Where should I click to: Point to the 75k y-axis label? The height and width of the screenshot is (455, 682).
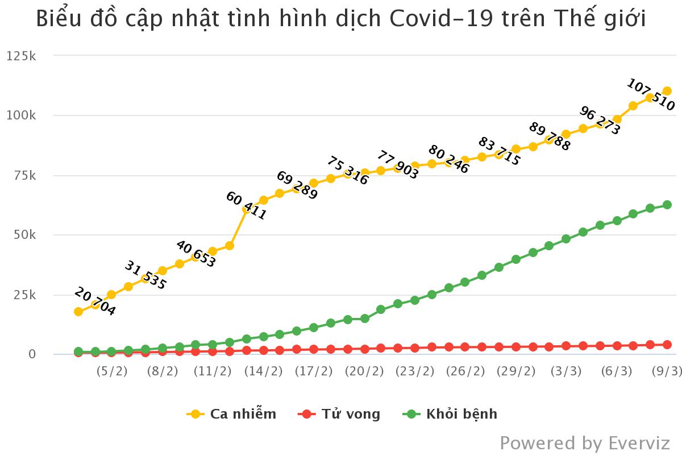tap(23, 175)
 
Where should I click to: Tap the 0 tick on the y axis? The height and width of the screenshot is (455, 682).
tap(32, 354)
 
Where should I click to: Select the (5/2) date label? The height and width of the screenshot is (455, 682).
tap(112, 371)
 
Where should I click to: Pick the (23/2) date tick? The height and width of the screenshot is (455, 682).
tap(415, 371)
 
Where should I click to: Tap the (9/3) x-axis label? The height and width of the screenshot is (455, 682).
tap(666, 371)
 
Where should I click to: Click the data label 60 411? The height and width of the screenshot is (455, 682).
tap(246, 206)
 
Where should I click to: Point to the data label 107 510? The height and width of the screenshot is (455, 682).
tap(651, 94)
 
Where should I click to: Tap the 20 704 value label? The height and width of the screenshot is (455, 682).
tap(95, 302)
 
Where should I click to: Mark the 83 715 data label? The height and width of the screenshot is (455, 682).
tap(500, 151)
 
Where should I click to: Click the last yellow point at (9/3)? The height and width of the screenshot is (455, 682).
tap(667, 91)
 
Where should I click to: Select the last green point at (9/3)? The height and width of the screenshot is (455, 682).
tap(667, 205)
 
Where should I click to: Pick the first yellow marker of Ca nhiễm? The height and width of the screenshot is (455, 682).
tap(78, 312)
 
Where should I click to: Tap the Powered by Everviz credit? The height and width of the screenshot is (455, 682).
tap(585, 442)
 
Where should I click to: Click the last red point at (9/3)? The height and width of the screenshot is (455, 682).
tap(667, 345)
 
